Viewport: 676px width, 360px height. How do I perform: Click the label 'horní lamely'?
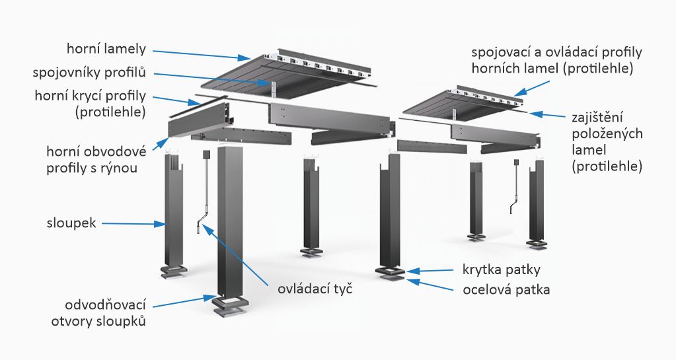click(106, 50)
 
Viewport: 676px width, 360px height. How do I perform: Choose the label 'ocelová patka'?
click(501, 289)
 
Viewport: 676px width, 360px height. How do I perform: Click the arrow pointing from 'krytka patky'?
click(429, 270)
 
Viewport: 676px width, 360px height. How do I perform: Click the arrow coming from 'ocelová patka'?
click(430, 285)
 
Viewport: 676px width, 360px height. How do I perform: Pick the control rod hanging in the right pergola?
click(515, 192)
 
